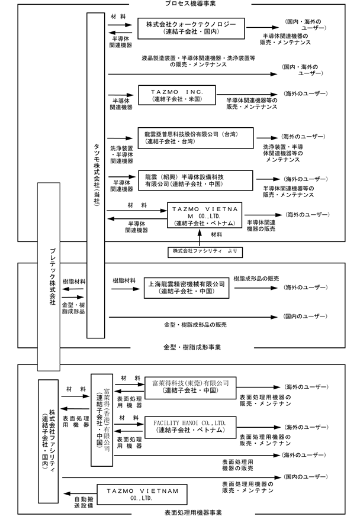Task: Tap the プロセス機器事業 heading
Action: click(x=190, y=4)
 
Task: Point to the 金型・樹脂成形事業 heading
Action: click(x=192, y=347)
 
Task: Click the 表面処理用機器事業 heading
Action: click(x=193, y=513)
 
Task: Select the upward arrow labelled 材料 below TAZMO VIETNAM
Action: click(x=200, y=238)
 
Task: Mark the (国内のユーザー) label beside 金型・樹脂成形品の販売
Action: click(x=306, y=316)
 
